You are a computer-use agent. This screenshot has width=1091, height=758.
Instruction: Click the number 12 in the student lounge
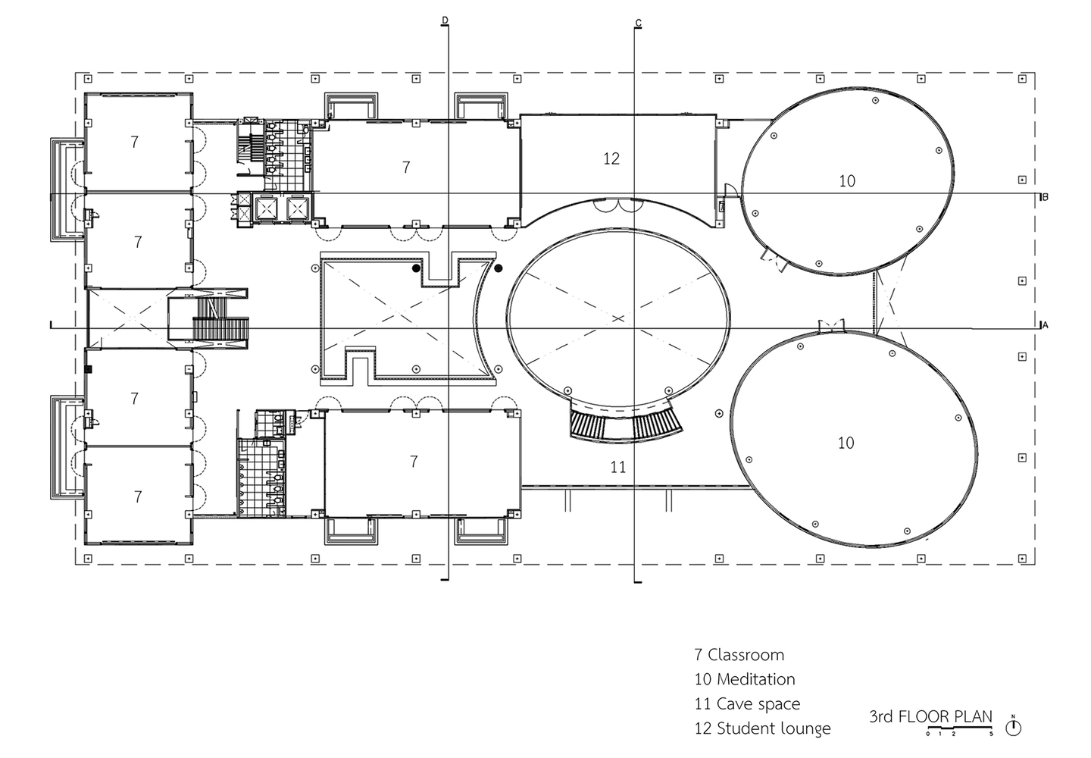tap(611, 159)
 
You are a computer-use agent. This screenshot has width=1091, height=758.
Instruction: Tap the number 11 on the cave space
tap(618, 467)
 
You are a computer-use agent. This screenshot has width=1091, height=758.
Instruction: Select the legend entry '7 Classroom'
tap(739, 655)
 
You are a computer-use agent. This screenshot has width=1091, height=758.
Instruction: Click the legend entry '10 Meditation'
tap(745, 679)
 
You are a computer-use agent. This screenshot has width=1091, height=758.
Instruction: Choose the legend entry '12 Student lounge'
tap(763, 728)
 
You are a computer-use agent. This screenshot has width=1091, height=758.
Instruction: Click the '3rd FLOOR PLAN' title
tap(930, 716)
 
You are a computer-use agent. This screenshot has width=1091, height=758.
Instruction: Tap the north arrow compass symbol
tap(1013, 728)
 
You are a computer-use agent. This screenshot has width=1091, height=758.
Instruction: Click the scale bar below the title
tap(959, 728)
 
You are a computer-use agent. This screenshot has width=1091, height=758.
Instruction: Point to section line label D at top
tap(445, 20)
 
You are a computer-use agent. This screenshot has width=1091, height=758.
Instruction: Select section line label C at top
tap(638, 23)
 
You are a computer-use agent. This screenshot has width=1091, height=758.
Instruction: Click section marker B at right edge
tap(1044, 197)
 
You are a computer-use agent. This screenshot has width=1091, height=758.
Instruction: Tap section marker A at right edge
tap(1044, 325)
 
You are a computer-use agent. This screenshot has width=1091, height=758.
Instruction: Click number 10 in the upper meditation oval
tap(847, 181)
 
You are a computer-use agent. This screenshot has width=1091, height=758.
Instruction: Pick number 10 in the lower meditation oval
tap(846, 443)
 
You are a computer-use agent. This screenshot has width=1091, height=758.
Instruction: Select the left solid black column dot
tap(416, 268)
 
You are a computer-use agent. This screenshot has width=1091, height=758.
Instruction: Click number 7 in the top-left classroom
tap(134, 142)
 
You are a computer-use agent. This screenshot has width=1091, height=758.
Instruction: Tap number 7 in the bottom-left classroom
tap(138, 497)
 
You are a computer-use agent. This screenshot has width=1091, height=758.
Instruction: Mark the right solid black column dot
tap(499, 268)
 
